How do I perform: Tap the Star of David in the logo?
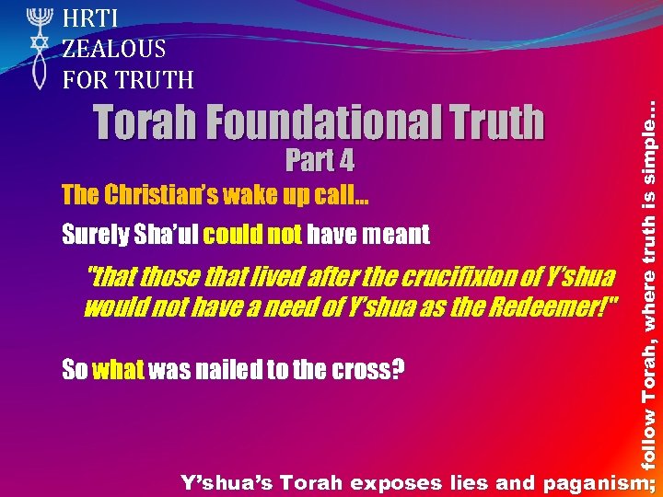pyautogui.click(x=38, y=43)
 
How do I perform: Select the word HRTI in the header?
pyautogui.click(x=88, y=18)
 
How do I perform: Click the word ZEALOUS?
pyautogui.click(x=114, y=49)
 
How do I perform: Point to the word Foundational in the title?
pyautogui.click(x=312, y=122)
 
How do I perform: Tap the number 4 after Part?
pyautogui.click(x=345, y=161)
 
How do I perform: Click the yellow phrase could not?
pyautogui.click(x=252, y=236)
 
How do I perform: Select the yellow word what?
pyautogui.click(x=118, y=371)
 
